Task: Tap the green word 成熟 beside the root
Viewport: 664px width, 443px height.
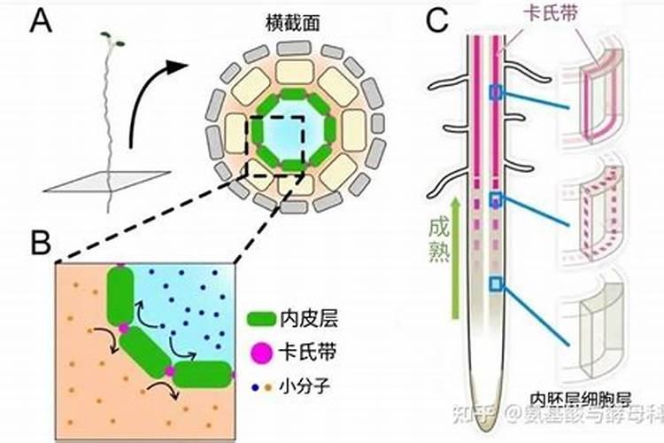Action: (x=434, y=238)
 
